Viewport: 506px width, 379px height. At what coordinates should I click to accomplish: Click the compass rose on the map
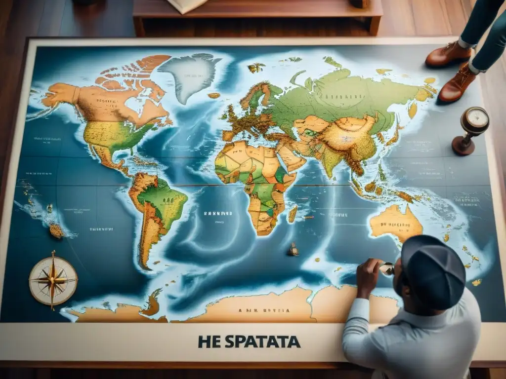pyautogui.click(x=53, y=280)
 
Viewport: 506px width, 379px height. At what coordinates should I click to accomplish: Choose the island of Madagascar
pyautogui.click(x=293, y=214)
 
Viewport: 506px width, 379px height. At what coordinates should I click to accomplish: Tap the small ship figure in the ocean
pyautogui.click(x=293, y=250)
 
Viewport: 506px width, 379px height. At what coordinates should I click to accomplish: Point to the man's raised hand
pyautogui.click(x=368, y=276)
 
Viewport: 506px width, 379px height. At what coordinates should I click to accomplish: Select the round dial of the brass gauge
pyautogui.click(x=475, y=119)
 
